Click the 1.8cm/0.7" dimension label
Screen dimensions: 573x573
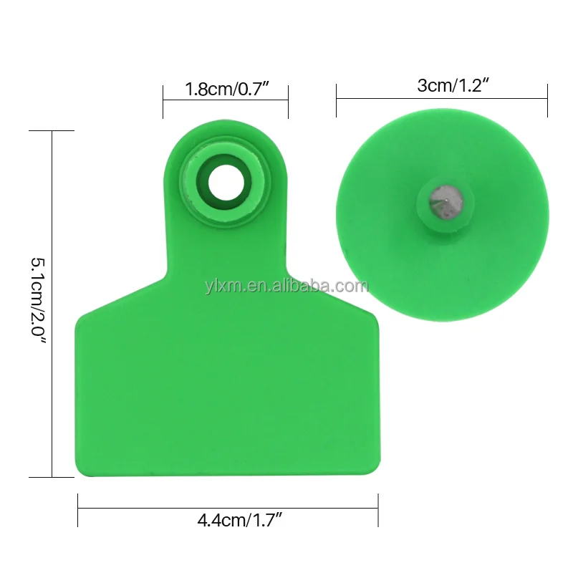(225, 90)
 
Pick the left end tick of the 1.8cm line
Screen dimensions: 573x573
(163, 101)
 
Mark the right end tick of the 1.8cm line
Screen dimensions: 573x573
(288, 101)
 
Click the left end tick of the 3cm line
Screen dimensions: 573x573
(337, 100)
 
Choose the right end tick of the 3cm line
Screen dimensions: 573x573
(547, 100)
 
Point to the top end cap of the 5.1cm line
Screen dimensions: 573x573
(52, 131)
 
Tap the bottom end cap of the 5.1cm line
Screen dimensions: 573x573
(52, 476)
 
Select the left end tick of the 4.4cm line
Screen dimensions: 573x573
(77, 509)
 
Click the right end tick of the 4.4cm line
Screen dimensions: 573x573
(377, 509)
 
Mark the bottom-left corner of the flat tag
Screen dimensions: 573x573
(79, 473)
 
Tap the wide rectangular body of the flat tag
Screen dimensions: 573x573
(226, 387)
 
